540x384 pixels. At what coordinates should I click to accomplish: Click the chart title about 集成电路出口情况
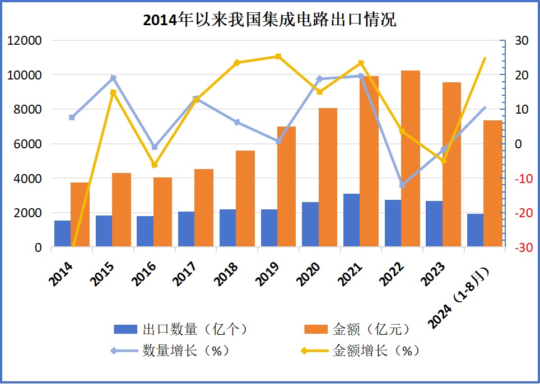pos(269,20)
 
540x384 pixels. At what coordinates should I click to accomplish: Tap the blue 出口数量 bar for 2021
pos(351,220)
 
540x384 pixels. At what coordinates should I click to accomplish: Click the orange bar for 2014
pos(80,214)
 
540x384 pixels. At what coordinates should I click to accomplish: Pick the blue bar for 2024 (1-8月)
pos(475,230)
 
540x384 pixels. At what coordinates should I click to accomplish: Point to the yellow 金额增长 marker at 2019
pos(278,57)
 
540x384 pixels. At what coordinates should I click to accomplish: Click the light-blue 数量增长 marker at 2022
pos(402,185)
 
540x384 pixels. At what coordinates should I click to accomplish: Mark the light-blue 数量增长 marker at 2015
pos(113,78)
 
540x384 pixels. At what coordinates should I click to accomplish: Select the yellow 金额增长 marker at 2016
pos(155,165)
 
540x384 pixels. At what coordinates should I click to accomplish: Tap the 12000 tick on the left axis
pos(25,40)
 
